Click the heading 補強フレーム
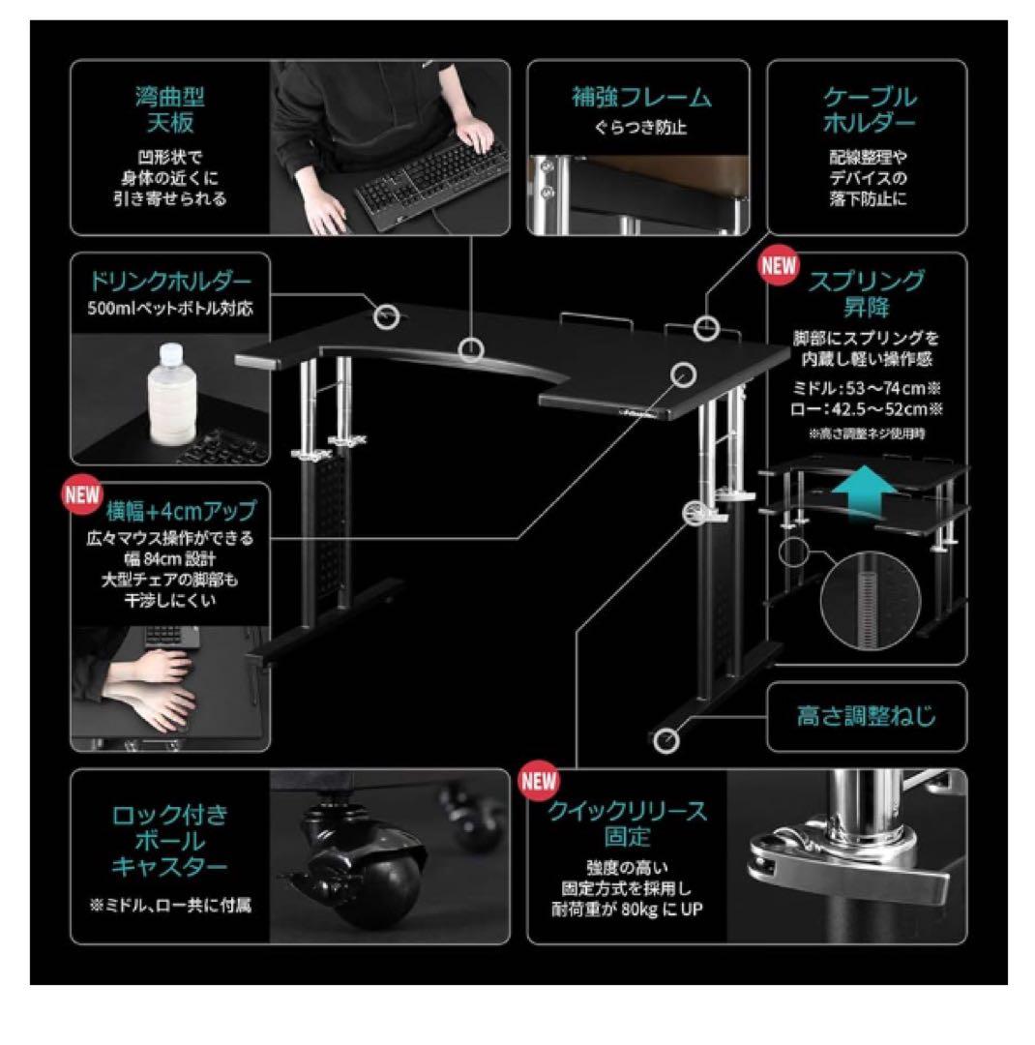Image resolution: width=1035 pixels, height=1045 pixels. tap(641, 98)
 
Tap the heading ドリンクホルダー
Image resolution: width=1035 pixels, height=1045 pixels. tap(170, 282)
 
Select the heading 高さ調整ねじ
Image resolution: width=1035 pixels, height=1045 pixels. tap(867, 716)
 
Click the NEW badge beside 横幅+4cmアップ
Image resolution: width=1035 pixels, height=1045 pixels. tap(82, 495)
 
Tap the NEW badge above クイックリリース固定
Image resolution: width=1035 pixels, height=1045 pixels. tap(539, 781)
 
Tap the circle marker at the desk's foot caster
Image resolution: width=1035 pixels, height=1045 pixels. tap(666, 740)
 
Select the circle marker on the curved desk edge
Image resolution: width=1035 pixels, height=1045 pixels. tap(471, 348)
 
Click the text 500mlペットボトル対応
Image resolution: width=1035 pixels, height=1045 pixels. tap(170, 310)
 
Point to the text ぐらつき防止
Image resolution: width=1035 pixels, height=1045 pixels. tap(641, 128)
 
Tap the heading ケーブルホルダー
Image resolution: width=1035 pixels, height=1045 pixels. tap(870, 110)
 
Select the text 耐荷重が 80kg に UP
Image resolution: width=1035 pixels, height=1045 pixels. tap(627, 909)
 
